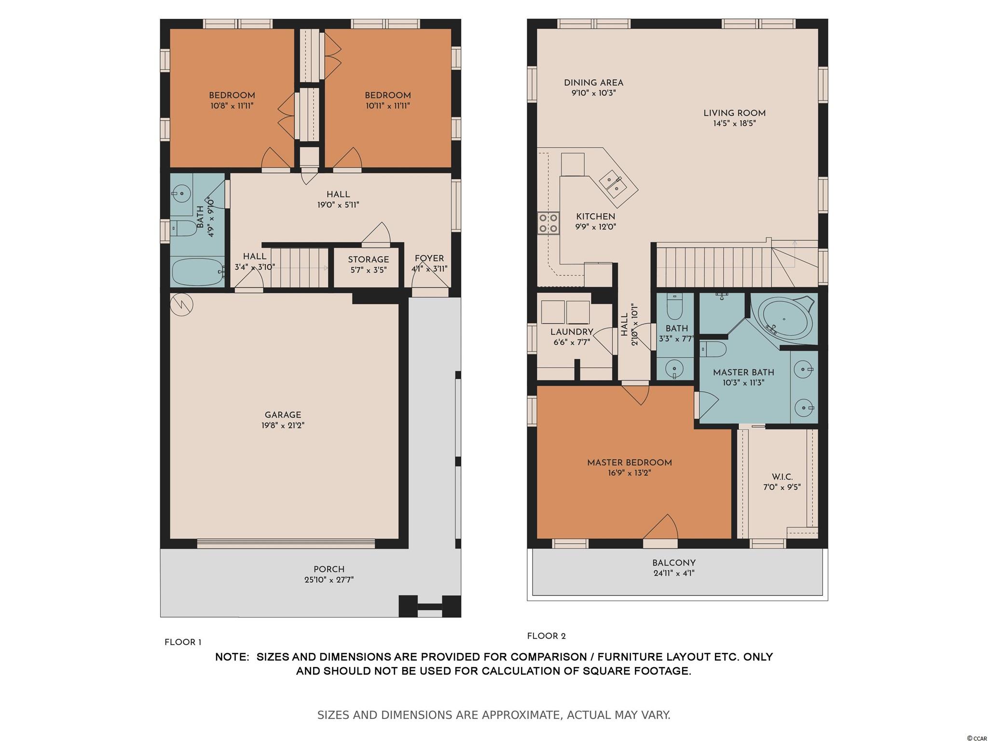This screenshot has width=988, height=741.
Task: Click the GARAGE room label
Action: click(x=283, y=415)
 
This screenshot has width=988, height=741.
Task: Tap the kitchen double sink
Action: click(x=613, y=184)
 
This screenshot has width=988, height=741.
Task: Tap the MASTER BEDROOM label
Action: click(x=630, y=463)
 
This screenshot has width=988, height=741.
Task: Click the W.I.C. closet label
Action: click(x=782, y=477)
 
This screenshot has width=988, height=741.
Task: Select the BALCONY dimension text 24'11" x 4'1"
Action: click(x=674, y=574)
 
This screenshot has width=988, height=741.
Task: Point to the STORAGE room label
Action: click(x=369, y=260)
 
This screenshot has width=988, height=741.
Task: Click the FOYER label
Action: click(x=429, y=259)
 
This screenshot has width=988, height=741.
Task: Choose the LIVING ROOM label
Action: click(x=735, y=113)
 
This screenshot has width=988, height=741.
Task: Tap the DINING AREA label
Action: click(x=594, y=83)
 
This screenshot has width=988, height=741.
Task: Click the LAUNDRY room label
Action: click(x=572, y=332)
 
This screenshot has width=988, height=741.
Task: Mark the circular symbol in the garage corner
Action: click(x=182, y=304)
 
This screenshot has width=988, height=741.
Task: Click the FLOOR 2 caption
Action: click(x=547, y=636)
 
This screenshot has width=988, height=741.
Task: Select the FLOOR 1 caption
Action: click(x=183, y=642)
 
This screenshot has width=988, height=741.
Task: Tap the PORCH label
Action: click(x=329, y=569)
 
